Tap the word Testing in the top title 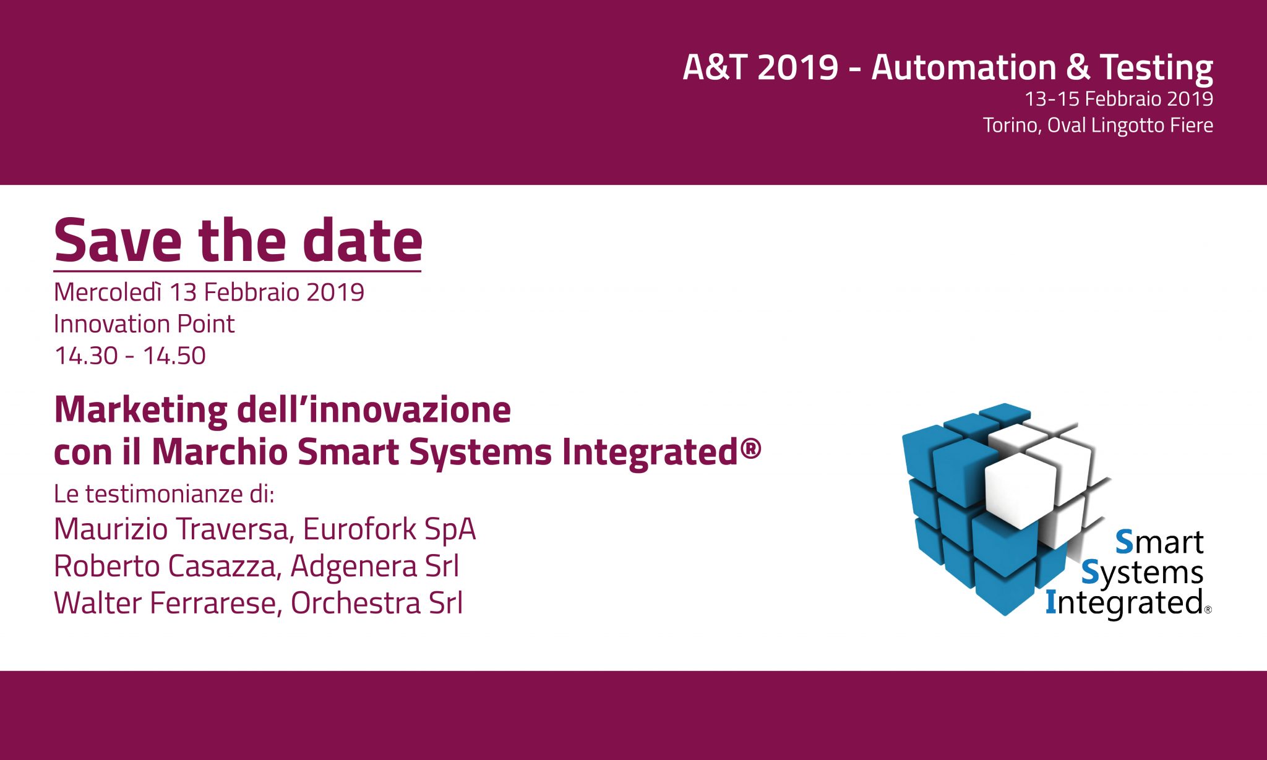(1156, 68)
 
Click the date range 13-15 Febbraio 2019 (1119, 99)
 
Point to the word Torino (1012, 126)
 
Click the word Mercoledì (108, 292)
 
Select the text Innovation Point (144, 324)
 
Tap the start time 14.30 (86, 356)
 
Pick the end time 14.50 (174, 356)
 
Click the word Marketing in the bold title (141, 411)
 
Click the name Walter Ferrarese (165, 603)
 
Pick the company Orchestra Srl (377, 603)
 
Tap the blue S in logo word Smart (1124, 542)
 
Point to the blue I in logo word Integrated (1050, 602)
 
